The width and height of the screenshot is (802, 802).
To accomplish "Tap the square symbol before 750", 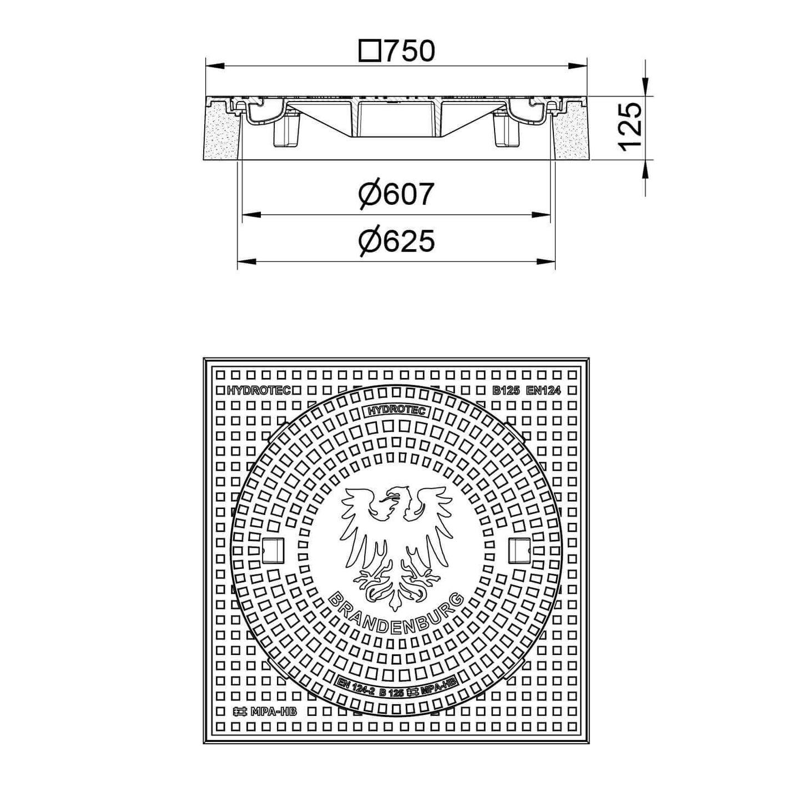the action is click(370, 51).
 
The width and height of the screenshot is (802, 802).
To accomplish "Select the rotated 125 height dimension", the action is click(629, 127).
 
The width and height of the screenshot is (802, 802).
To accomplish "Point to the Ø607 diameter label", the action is click(397, 194).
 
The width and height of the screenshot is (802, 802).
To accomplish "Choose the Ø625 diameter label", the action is click(397, 241).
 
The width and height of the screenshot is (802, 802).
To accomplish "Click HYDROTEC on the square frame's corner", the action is click(259, 391).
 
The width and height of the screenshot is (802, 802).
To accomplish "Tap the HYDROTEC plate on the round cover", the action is click(396, 411).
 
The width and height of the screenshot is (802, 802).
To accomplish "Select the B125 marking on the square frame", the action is click(506, 391).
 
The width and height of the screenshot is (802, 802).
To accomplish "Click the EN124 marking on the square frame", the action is click(543, 391).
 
